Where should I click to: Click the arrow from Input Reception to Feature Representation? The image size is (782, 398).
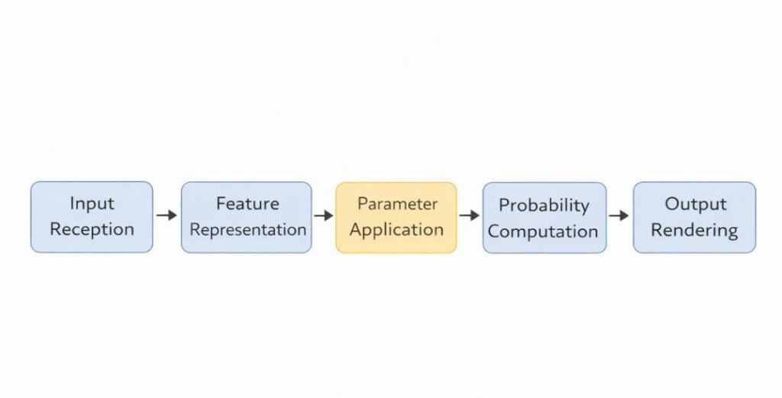pos(166,216)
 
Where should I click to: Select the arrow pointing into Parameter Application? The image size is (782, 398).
pos(324,216)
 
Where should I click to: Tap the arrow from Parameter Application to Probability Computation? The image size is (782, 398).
pos(469,216)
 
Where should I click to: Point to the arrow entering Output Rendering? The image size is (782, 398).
pos(619,216)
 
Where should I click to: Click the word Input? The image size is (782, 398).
pos(92,204)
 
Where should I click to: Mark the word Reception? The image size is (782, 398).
pos(92,228)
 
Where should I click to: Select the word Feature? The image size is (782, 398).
pos(247,204)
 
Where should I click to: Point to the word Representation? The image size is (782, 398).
pos(247,229)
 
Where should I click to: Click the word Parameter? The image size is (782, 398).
pos(397,205)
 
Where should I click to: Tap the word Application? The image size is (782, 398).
pos(396,229)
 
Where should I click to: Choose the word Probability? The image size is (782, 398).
pos(544,205)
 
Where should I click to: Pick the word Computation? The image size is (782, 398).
pos(543,231)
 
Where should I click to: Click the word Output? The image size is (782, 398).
pos(694,204)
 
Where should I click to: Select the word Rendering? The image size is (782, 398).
pos(694,229)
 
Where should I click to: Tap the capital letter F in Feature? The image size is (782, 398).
pos(221,204)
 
